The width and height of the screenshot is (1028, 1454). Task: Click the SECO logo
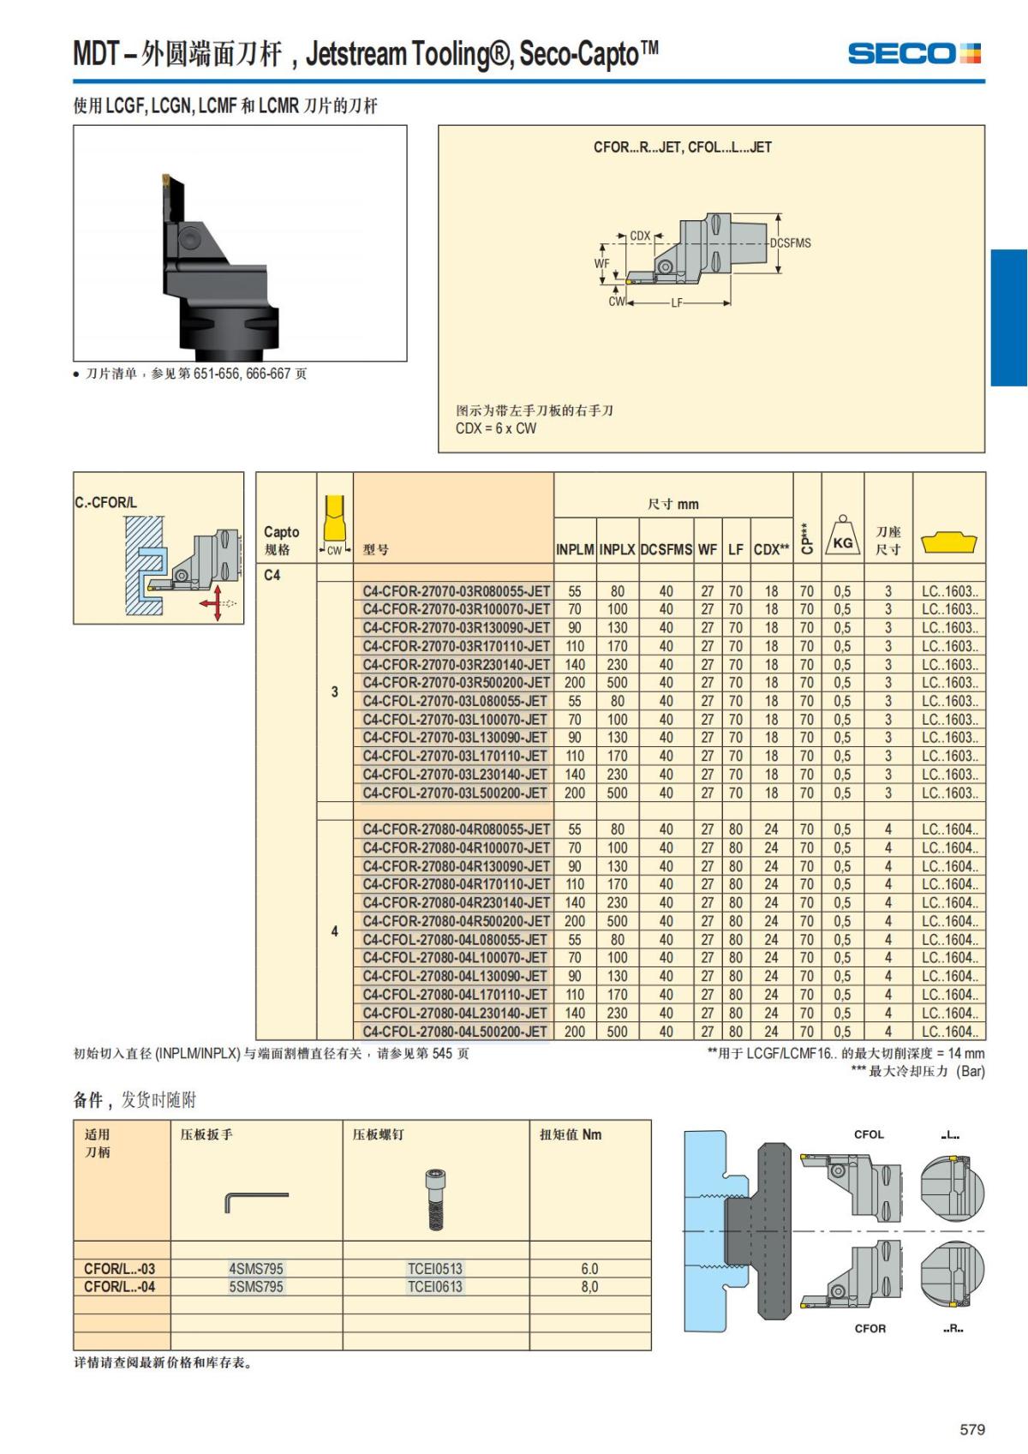click(914, 53)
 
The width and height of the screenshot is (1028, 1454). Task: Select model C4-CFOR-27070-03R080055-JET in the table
click(456, 591)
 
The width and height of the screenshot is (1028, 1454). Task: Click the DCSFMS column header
click(666, 549)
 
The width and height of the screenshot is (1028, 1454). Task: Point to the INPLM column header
click(574, 549)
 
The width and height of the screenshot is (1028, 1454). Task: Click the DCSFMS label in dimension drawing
click(791, 242)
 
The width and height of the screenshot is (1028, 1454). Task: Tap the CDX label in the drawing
click(640, 236)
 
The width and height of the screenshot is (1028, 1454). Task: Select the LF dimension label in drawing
click(677, 303)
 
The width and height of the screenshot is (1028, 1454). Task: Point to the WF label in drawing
click(601, 264)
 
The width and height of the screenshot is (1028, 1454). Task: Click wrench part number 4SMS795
click(255, 1268)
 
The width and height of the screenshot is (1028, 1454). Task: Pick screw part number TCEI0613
click(435, 1287)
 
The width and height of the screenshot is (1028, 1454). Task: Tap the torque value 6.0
click(589, 1268)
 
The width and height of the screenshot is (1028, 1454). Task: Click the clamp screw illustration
click(435, 1200)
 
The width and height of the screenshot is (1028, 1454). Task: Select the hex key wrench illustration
click(256, 1201)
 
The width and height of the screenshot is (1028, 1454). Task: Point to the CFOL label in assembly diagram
click(869, 1134)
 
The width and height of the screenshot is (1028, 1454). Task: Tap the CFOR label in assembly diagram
click(870, 1328)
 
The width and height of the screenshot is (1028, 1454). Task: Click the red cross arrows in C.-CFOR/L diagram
click(215, 603)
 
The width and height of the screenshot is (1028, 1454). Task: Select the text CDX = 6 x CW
click(496, 428)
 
